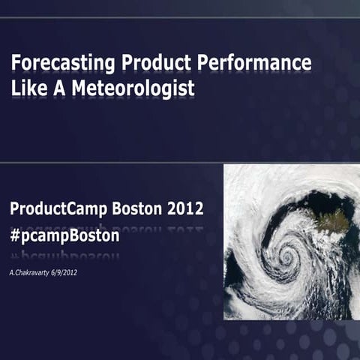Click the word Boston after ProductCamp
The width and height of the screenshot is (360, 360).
[139, 208]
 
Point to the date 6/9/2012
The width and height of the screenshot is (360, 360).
[64, 272]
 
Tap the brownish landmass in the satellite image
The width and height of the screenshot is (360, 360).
[334, 220]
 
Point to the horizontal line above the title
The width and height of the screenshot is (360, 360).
[180, 17]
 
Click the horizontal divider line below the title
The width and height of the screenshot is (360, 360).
[180, 161]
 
